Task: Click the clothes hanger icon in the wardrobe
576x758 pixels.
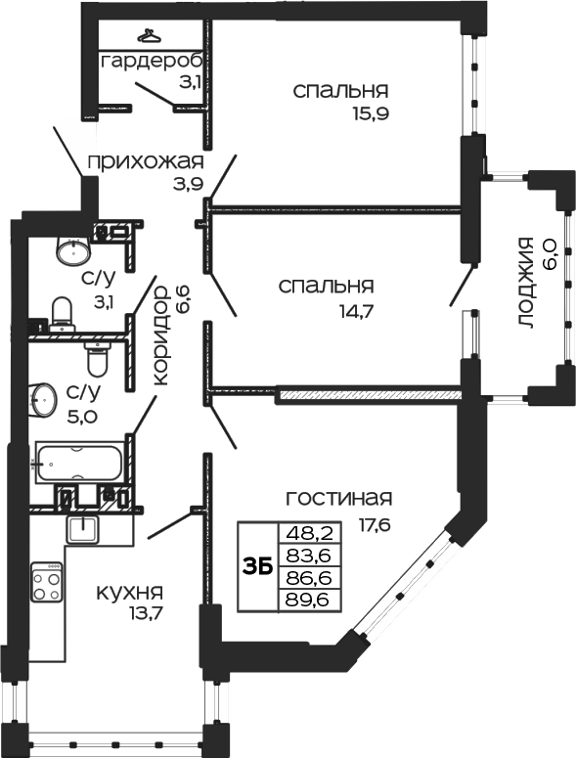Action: tap(149, 35)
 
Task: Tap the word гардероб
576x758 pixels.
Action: tap(151, 62)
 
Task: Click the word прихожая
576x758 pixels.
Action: tap(145, 161)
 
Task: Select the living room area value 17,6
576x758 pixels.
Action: tap(374, 523)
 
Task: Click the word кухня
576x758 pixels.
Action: tap(128, 592)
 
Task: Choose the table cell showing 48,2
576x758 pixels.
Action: tap(306, 533)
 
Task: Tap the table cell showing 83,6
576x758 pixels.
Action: tap(306, 556)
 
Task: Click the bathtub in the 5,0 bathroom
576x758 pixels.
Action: tap(78, 461)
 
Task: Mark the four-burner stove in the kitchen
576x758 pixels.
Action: tap(46, 585)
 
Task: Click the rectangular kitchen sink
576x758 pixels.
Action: tap(84, 529)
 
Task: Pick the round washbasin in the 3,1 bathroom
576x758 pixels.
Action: tap(72, 250)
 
